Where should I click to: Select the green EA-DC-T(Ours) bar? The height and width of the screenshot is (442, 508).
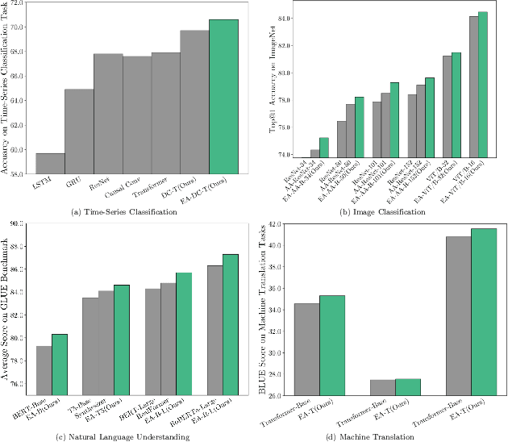point(223,97)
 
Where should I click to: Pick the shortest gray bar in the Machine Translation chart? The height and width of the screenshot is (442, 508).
point(383,388)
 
